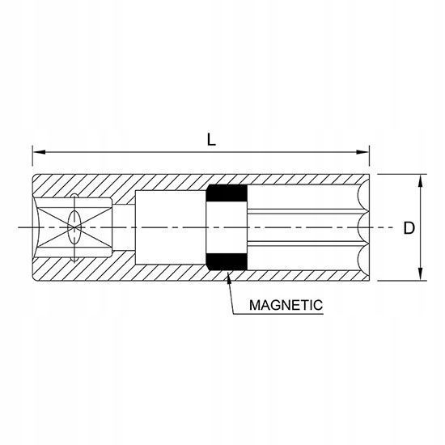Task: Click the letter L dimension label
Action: coord(211,140)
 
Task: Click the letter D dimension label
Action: coord(409,228)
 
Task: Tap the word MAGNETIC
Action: coord(286,305)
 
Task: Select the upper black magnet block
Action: coord(227,193)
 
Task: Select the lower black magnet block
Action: coord(227,261)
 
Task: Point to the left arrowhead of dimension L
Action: coord(39,152)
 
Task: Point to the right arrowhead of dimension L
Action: coord(362,152)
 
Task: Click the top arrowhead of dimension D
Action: coord(421,180)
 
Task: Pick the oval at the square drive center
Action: coord(74,227)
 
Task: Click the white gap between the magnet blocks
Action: coord(227,227)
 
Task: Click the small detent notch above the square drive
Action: coord(74,196)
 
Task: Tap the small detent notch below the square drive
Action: coord(74,259)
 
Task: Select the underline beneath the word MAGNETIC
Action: coord(278,314)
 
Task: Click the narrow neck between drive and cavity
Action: coord(124,227)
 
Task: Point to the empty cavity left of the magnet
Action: coord(170,227)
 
